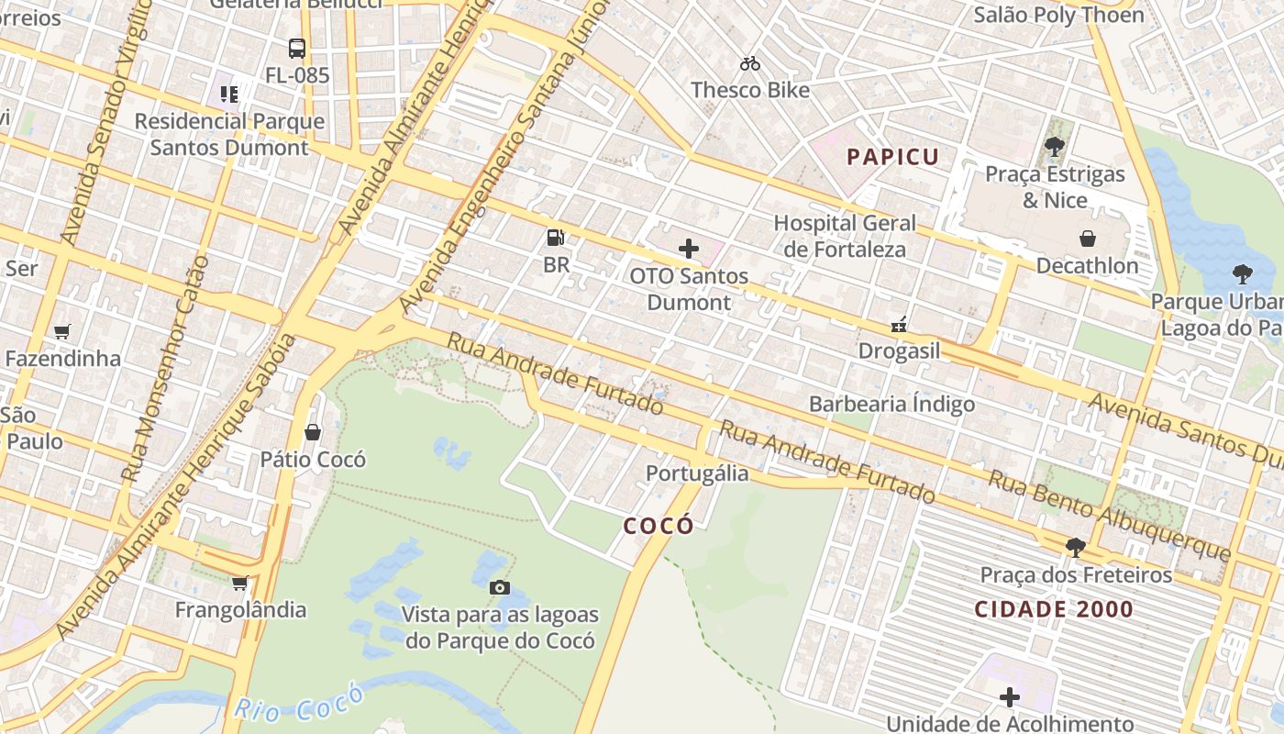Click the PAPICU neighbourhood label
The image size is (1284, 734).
[893, 157]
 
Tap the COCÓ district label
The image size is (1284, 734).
[659, 526]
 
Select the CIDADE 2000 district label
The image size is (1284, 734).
[1054, 609]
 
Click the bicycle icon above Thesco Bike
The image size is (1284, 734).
[750, 63]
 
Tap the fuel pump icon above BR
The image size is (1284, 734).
[556, 238]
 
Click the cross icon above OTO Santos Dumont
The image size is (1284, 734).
[689, 249]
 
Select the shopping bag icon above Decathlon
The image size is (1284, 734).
[1087, 239]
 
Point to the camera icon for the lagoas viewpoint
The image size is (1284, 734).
[500, 587]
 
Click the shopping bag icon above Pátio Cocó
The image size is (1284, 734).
[313, 431]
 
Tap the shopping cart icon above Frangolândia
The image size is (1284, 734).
[240, 583]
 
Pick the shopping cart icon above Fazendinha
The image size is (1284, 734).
[62, 331]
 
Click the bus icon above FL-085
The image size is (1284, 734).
[297, 49]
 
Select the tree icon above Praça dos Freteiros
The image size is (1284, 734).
[1076, 548]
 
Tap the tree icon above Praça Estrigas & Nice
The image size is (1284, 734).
[1055, 146]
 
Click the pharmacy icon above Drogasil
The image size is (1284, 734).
[899, 324]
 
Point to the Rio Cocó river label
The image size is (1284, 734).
[298, 703]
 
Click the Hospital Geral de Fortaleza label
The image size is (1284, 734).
[845, 236]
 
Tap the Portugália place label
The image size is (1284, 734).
[697, 473]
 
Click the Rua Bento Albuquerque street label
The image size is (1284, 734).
[1108, 516]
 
